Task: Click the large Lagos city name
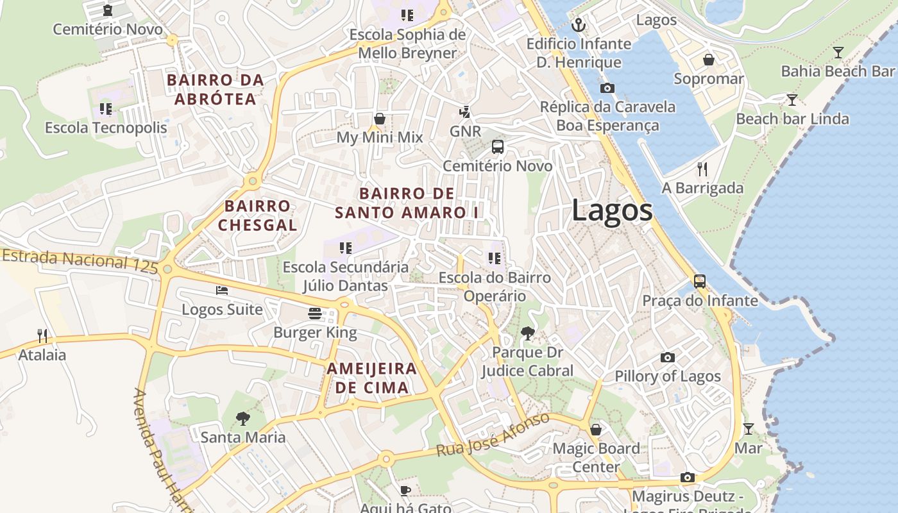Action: point(612,210)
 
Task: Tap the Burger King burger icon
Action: point(315,314)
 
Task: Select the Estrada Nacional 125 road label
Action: point(80,262)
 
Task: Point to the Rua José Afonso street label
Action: point(493,435)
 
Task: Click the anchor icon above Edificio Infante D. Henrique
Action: point(579,26)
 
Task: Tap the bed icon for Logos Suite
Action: point(222,290)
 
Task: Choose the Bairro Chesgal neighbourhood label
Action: point(257,215)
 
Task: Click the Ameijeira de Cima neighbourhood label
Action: point(372,378)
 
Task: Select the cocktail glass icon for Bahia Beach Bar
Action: point(838,53)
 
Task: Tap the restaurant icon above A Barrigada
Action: point(702,169)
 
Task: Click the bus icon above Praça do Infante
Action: point(699,282)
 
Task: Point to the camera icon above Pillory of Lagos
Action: point(668,357)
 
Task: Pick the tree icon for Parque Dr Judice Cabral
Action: point(528,333)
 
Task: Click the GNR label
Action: point(465,131)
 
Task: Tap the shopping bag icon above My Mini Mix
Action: point(380,119)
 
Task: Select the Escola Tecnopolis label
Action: point(106,128)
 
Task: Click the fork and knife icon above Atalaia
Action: point(42,335)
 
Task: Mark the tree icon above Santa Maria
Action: point(242,419)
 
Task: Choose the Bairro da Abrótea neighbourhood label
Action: point(215,90)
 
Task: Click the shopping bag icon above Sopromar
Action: point(709,60)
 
